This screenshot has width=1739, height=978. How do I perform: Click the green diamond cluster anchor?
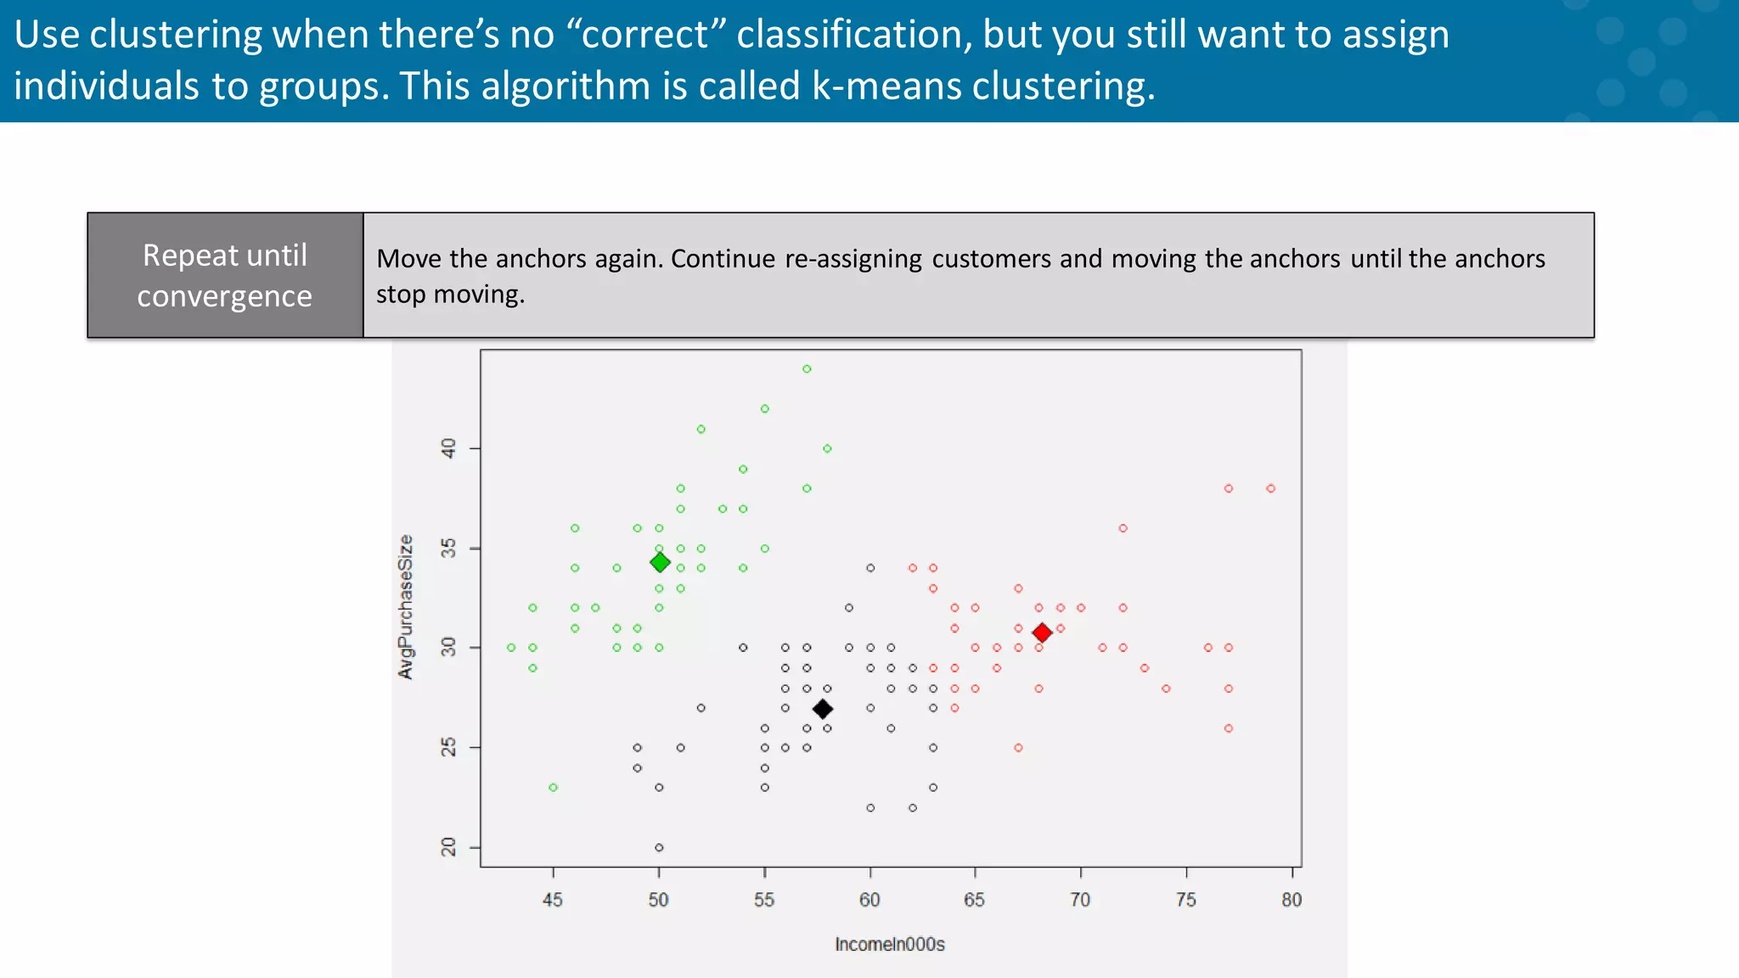[660, 562]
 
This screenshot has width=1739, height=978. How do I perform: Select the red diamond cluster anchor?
[1042, 632]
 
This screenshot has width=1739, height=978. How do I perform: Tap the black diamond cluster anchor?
[822, 709]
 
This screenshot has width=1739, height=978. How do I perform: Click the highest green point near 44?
[807, 369]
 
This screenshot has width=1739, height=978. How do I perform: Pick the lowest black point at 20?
[659, 847]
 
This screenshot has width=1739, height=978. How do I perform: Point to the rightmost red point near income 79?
[1270, 488]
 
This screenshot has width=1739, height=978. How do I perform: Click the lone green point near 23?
[553, 788]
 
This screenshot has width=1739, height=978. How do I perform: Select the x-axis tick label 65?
[974, 900]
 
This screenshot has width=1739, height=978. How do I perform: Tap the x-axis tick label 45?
[553, 900]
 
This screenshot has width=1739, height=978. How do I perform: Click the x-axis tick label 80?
[1291, 900]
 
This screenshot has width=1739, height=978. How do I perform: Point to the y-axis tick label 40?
[448, 447]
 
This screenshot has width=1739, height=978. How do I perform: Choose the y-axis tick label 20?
[448, 847]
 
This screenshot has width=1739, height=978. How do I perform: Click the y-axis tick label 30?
[448, 648]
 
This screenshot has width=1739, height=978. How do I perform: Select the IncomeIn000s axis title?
[889, 944]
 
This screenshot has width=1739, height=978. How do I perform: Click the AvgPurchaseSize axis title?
[406, 607]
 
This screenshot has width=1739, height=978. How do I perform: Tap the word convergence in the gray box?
[224, 296]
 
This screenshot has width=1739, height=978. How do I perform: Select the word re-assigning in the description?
[853, 258]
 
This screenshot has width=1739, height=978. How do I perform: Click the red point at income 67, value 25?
[1018, 748]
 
